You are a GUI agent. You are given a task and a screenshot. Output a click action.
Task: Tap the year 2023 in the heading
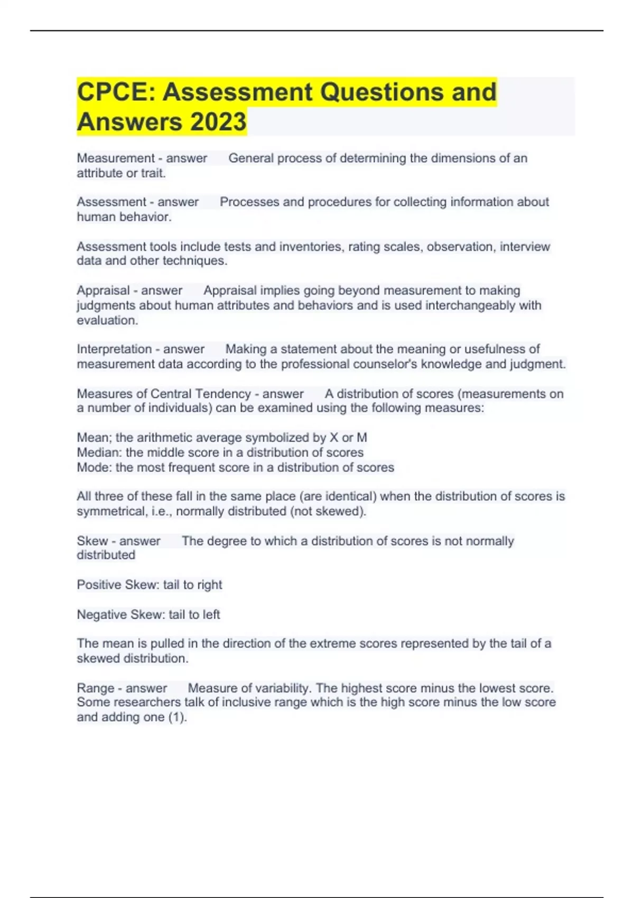(218, 121)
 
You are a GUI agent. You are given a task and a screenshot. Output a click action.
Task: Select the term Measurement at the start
(116, 158)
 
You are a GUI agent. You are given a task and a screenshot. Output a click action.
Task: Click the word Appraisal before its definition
(103, 291)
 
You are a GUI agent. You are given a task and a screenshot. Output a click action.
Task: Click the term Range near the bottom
(95, 688)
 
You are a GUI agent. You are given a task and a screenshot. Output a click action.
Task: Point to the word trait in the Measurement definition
(153, 173)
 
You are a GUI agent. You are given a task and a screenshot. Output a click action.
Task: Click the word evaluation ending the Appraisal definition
(107, 320)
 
